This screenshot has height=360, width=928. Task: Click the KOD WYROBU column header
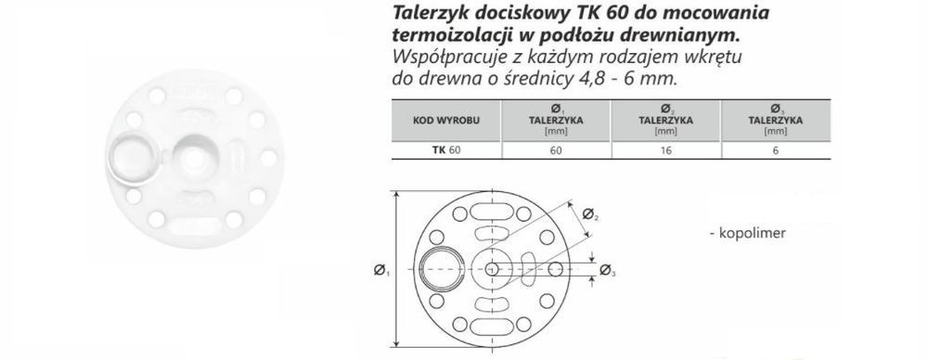(x=445, y=121)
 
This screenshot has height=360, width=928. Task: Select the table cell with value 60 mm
(x=556, y=150)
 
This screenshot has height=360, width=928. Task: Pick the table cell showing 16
(x=665, y=150)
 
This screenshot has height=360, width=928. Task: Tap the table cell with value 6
(x=775, y=150)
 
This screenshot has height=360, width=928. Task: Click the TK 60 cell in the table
(x=445, y=150)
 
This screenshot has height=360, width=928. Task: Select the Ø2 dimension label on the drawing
(x=590, y=213)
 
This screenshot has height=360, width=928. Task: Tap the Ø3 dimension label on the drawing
(x=608, y=270)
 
